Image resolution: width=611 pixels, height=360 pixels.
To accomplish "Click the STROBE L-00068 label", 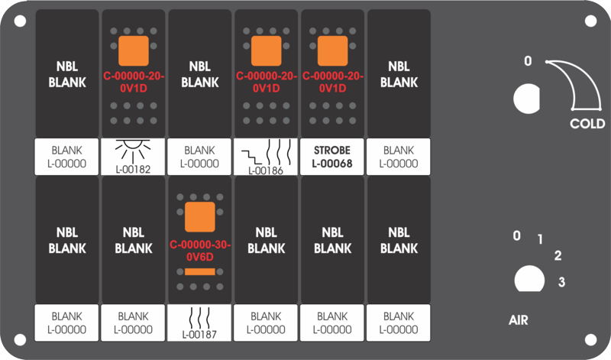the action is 332,157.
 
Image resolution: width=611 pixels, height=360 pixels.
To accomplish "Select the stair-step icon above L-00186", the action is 251,157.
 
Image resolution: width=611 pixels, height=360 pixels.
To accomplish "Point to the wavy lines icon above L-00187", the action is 199,318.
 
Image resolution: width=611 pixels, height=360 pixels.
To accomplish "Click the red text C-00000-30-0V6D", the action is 200,251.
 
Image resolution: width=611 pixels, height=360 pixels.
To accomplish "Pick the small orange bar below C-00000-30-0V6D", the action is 200,271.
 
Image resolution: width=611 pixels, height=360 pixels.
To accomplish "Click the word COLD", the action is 587,124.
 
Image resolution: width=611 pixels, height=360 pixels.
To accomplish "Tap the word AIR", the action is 519,320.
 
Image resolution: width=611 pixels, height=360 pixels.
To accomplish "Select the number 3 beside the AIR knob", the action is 561,281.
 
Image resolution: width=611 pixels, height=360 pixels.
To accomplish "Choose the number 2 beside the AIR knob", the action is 558,255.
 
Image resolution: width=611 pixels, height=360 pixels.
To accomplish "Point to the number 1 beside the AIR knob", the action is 540,239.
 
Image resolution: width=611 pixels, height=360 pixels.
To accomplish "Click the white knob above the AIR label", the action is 529,279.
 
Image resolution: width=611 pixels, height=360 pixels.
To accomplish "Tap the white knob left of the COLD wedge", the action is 527,99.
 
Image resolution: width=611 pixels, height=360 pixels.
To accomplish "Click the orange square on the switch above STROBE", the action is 332,51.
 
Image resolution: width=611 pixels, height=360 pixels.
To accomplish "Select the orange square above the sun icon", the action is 134,51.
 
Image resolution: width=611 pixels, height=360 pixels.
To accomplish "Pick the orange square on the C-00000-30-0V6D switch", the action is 200,217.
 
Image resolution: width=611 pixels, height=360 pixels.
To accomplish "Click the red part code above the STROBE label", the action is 333,83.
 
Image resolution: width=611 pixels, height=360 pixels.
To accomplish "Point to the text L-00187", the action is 199,335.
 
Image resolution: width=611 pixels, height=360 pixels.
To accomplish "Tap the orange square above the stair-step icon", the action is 266,51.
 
